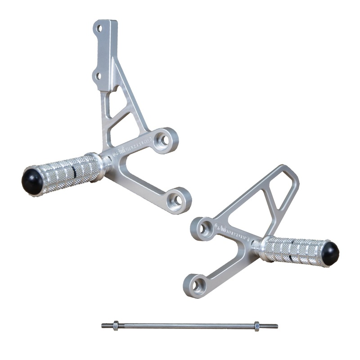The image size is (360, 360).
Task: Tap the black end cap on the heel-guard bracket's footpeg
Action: coord(330,253)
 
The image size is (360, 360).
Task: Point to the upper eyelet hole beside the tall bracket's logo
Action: coord(165,140)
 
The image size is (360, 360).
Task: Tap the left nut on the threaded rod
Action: coord(116,325)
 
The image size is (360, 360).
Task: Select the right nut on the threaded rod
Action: coord(257,326)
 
